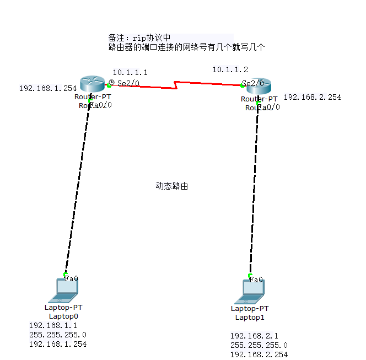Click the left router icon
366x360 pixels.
[91, 84]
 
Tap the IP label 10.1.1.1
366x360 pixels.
[130, 72]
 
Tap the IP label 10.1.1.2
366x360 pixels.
[230, 69]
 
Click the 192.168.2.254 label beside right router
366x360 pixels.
[312, 97]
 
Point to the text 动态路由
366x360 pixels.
[171, 186]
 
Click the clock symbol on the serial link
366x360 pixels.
[111, 83]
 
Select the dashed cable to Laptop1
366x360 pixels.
[254, 187]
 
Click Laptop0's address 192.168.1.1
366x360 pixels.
[53, 325]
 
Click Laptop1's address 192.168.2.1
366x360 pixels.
[254, 336]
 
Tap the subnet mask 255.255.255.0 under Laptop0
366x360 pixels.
[57, 335]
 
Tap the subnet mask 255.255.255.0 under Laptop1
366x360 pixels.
[259, 345]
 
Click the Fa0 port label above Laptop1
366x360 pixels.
[256, 280]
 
